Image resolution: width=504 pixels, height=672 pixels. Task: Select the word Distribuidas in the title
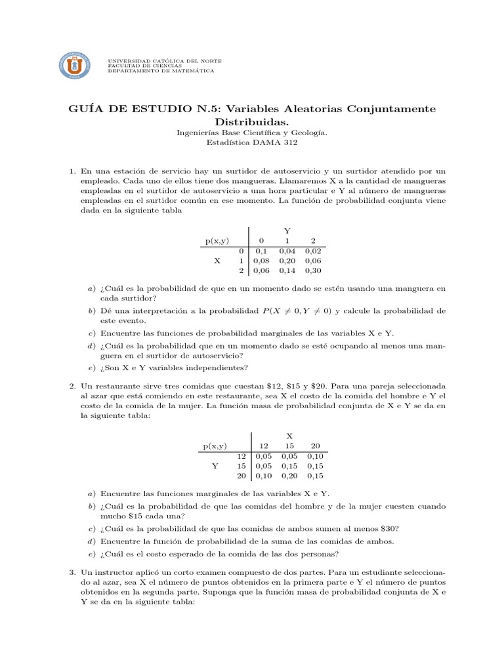pyautogui.click(x=251, y=122)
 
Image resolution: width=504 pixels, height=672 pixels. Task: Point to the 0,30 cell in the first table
pyautogui.click(x=312, y=270)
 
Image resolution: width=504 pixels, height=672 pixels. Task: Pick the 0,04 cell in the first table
pyautogui.click(x=287, y=251)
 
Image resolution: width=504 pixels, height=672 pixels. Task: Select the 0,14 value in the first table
pyautogui.click(x=287, y=270)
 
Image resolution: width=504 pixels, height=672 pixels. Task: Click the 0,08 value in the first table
pyautogui.click(x=261, y=261)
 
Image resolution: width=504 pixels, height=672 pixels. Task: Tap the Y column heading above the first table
pyautogui.click(x=287, y=230)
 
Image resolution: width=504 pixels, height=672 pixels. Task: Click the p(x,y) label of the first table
pyautogui.click(x=216, y=241)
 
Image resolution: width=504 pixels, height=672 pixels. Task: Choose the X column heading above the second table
pyautogui.click(x=289, y=436)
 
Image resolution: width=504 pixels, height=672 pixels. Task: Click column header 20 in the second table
pyautogui.click(x=315, y=446)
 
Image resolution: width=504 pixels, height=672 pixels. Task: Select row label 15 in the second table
pyautogui.click(x=240, y=465)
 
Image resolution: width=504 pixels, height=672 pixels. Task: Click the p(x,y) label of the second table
pyautogui.click(x=216, y=446)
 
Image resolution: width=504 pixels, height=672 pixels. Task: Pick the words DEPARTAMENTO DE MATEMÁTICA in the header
pyautogui.click(x=161, y=71)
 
